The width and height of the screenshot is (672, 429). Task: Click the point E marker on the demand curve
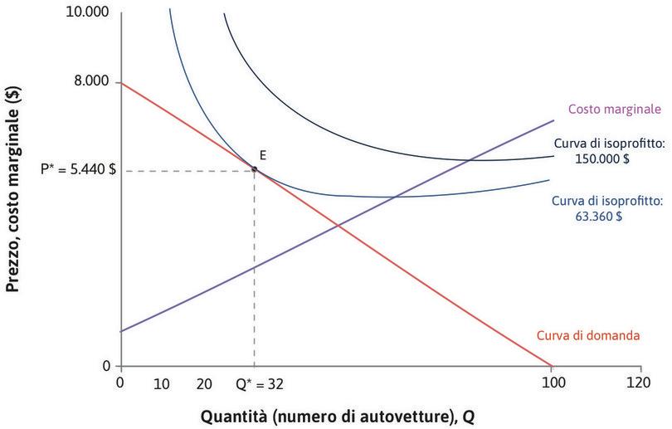[254, 169]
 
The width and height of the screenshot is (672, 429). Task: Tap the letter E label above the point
[262, 154]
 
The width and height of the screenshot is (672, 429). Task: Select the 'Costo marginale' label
[614, 109]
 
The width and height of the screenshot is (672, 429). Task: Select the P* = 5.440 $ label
[79, 169]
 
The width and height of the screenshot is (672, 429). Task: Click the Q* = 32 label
[254, 384]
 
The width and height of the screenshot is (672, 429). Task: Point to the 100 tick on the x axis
[552, 384]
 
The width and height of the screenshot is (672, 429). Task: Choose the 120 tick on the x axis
[639, 384]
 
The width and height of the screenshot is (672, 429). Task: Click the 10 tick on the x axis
[163, 384]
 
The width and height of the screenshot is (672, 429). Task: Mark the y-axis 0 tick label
[106, 365]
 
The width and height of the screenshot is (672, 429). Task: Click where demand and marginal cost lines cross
[338, 226]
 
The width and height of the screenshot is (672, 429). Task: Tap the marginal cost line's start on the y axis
[121, 331]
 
